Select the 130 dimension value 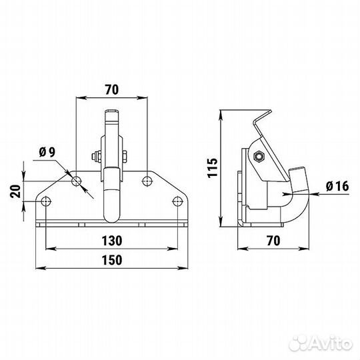[111, 239]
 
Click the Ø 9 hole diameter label [47, 153]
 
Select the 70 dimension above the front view [111, 88]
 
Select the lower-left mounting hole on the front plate [45, 201]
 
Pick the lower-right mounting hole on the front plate [177, 201]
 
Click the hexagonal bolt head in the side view [257, 157]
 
